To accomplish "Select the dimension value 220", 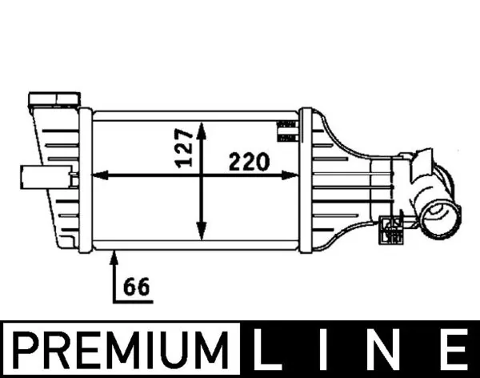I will point(249,163).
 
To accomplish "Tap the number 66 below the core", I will point(136,285).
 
